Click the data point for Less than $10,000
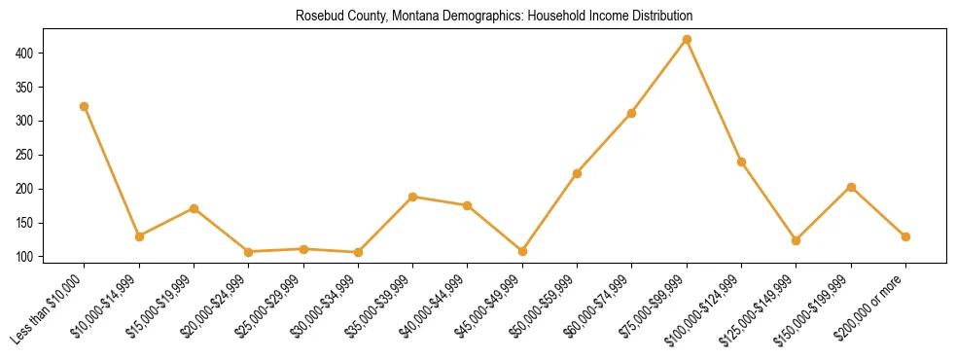pyautogui.click(x=85, y=106)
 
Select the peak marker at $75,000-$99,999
pyautogui.click(x=687, y=39)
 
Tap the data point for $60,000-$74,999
pyautogui.click(x=632, y=113)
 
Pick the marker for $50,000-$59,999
pyautogui.click(x=578, y=173)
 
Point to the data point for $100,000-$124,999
pyautogui.click(x=742, y=162)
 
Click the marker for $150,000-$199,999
pyautogui.click(x=851, y=187)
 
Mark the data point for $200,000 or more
pyautogui.click(x=905, y=236)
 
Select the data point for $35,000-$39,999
pyautogui.click(x=413, y=197)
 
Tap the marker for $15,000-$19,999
pyautogui.click(x=195, y=208)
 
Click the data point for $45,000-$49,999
pyautogui.click(x=523, y=251)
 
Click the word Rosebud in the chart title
pyautogui.click(x=318, y=17)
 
